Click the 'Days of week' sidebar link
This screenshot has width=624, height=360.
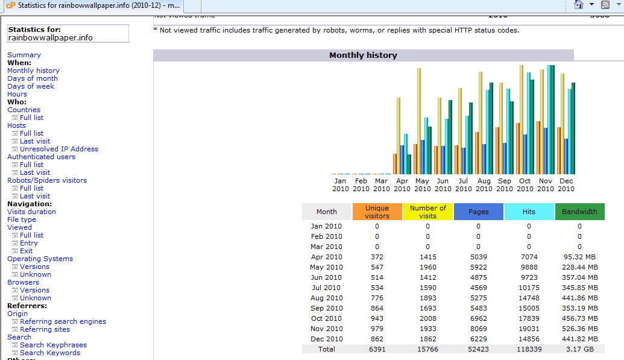pos(31,86)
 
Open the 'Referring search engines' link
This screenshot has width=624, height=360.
pos(63,321)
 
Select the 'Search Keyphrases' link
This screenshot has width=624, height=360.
pos(53,345)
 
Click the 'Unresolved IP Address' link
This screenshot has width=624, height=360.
pos(59,149)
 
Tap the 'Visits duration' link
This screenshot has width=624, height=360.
pos(31,212)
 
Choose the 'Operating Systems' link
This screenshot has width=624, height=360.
pos(40,259)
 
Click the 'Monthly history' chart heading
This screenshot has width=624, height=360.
pos(363,55)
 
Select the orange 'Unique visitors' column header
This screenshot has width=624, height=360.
pos(377,212)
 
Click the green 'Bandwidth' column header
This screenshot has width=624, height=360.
pos(579,212)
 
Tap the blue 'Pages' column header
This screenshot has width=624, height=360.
pos(478,212)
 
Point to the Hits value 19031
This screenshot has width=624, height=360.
pos(529,329)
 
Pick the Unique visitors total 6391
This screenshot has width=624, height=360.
pos(377,349)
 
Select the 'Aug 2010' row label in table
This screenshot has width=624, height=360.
pos(327,298)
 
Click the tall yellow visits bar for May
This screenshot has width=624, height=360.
pos(419,121)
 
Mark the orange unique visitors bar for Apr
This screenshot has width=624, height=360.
pos(395,164)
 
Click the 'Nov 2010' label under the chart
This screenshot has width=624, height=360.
pos(545,185)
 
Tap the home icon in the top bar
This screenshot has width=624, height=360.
pos(579,5)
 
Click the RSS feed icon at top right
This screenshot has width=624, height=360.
pos(605,5)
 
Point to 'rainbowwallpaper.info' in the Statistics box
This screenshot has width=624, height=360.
pos(50,38)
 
